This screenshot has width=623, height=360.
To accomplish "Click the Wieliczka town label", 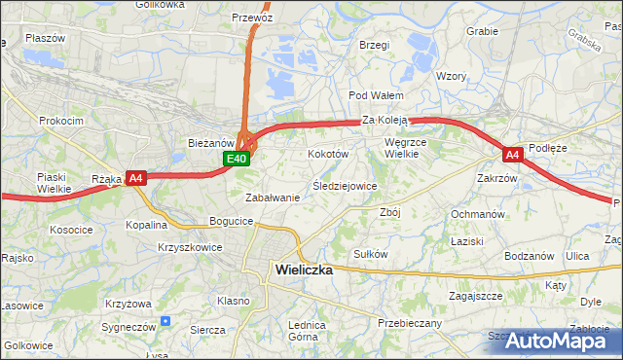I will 304,271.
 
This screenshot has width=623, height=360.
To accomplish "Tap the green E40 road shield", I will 237,159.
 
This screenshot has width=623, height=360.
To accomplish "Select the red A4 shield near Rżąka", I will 136,178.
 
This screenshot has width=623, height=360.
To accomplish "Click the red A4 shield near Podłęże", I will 513,155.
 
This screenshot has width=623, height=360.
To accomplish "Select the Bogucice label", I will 231,222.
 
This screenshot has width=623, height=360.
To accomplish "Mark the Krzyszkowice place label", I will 190,247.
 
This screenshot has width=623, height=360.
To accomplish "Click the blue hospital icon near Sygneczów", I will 165,319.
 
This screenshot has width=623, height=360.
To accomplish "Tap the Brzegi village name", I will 374,45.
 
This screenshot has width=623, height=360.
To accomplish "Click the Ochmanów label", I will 477,213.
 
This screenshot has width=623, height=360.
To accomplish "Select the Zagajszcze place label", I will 475,295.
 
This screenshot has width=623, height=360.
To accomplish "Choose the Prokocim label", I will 60,121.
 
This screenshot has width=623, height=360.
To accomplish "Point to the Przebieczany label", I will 410,323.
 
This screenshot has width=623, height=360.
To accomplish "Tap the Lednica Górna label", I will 303,331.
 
